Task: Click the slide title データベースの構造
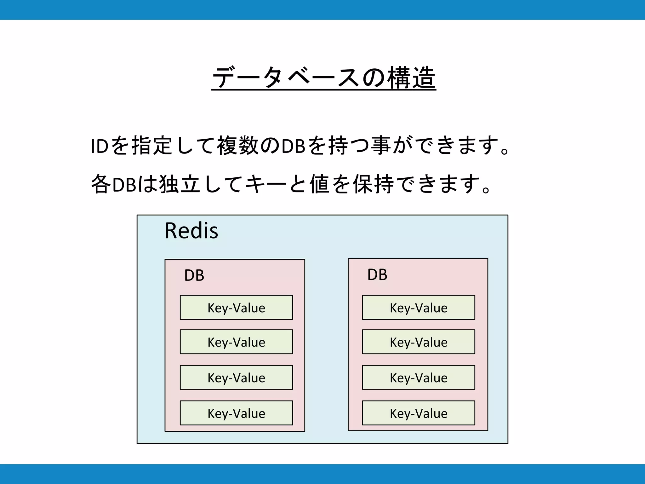point(323,77)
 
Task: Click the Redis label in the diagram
point(191,231)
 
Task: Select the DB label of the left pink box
point(194,275)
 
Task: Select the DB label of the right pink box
point(377,274)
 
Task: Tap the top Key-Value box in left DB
point(236,308)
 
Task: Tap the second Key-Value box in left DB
point(236,342)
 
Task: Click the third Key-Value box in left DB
point(236,377)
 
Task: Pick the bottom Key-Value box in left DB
point(236,413)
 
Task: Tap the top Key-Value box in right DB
point(419,308)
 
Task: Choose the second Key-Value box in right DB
point(419,342)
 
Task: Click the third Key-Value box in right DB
point(419,377)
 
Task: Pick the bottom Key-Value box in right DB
point(419,413)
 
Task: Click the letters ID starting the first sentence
point(100,146)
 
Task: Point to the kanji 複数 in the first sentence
point(238,146)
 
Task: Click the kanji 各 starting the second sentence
point(101,184)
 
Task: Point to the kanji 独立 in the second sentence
point(180,184)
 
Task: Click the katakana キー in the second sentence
point(265,184)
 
